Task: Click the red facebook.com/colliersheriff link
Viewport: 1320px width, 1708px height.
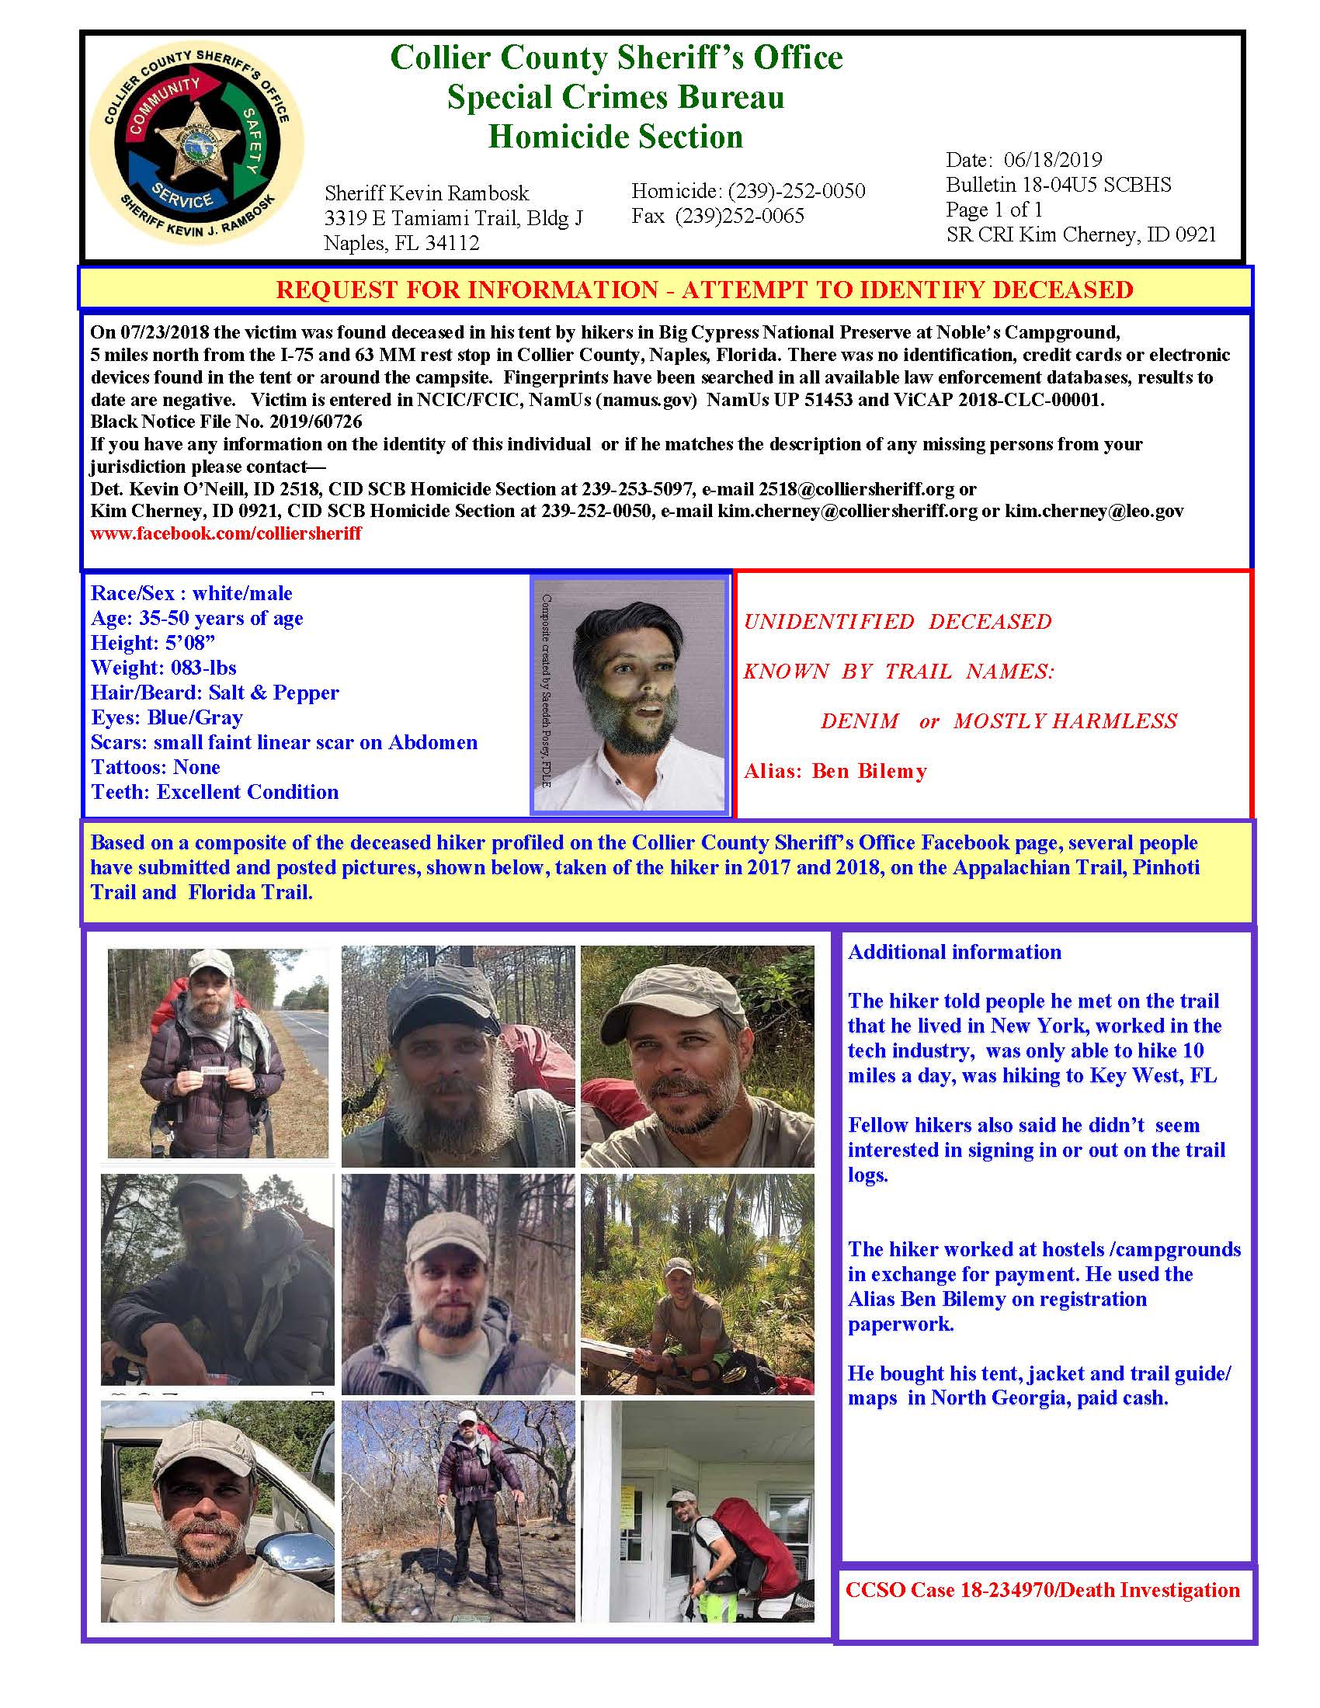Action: [226, 533]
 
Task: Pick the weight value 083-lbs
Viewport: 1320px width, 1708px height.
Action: [200, 668]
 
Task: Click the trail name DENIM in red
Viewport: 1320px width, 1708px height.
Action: [860, 721]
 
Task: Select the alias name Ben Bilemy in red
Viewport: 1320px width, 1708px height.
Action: [869, 771]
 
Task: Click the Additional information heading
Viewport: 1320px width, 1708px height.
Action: [954, 952]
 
